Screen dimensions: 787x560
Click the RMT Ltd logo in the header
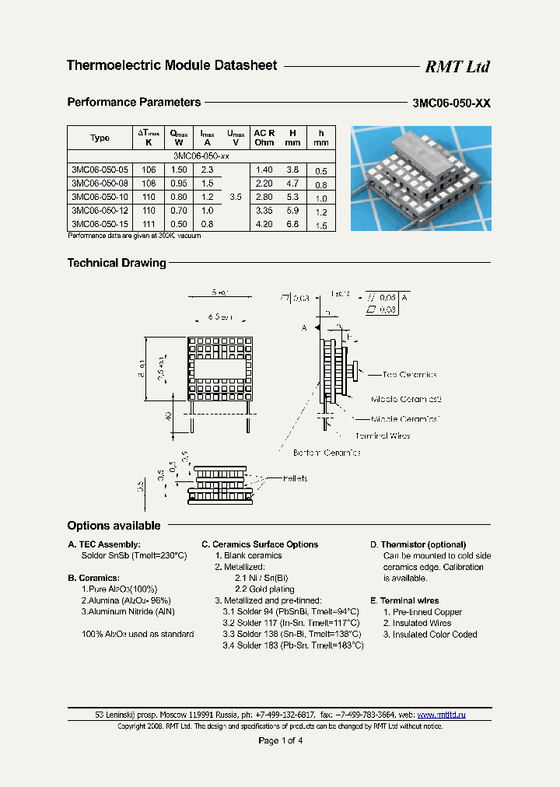coord(457,67)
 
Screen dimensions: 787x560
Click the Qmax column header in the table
coord(179,138)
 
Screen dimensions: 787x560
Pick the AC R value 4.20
coord(264,225)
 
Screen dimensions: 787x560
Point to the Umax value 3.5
coord(236,197)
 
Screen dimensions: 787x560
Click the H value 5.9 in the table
coord(292,211)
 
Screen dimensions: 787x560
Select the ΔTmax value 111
coord(149,225)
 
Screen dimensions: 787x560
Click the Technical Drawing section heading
coord(117,263)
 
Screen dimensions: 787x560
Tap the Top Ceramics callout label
coord(409,375)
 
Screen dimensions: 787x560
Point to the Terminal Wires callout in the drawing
coord(382,436)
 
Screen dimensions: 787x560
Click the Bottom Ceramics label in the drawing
coord(327,452)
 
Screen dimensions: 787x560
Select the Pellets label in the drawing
coord(295,478)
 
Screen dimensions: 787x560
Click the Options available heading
coord(114,526)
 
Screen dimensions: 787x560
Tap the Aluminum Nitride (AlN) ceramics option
coord(128,612)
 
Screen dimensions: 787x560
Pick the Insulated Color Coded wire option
coord(430,635)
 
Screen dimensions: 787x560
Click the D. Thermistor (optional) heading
coord(418,544)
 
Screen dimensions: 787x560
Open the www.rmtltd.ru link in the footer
coord(441,714)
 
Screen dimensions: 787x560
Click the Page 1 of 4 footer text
coord(280,740)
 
